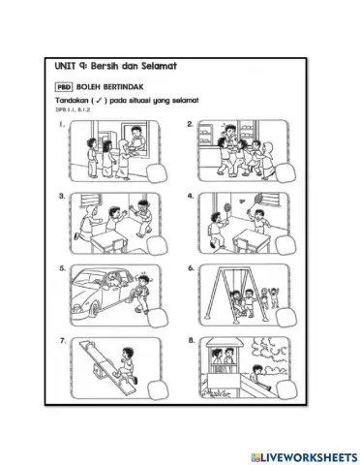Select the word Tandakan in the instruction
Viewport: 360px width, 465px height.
coord(77,101)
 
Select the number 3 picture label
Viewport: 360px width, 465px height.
coord(61,196)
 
